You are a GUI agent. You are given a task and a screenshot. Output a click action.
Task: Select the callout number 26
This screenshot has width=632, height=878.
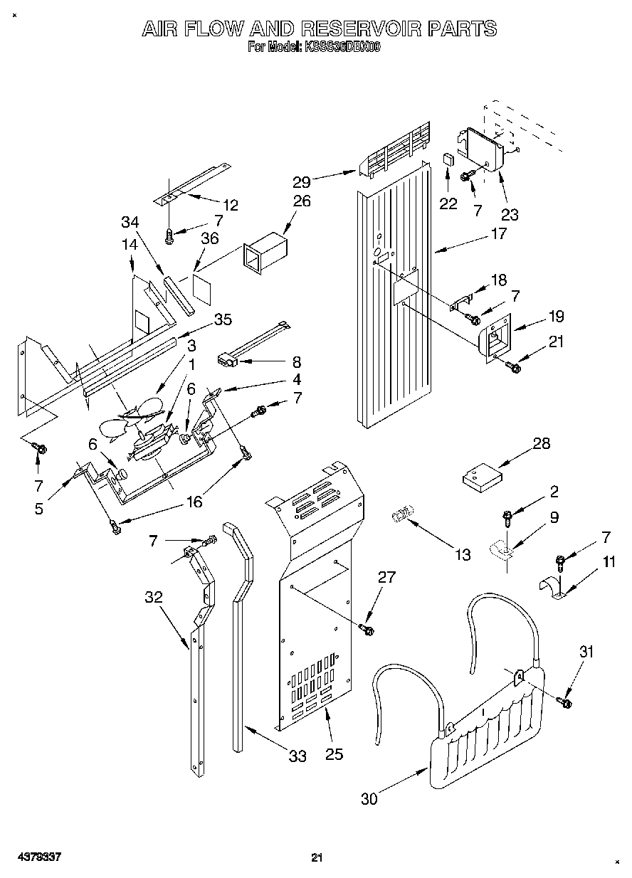point(302,201)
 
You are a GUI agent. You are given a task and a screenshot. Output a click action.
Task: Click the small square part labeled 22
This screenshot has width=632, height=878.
point(448,159)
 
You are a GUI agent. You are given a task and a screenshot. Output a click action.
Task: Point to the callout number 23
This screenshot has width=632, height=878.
point(510,213)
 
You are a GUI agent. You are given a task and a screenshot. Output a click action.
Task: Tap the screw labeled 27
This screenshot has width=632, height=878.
point(367,629)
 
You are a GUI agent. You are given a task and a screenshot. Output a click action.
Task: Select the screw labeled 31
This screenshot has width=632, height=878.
point(566,702)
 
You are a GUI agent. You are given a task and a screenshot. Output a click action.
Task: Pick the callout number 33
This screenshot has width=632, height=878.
point(297,756)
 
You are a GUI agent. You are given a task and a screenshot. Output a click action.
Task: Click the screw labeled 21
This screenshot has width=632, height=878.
point(512,366)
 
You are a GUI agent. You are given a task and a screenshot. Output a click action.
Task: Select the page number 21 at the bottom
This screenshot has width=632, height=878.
point(317,857)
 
